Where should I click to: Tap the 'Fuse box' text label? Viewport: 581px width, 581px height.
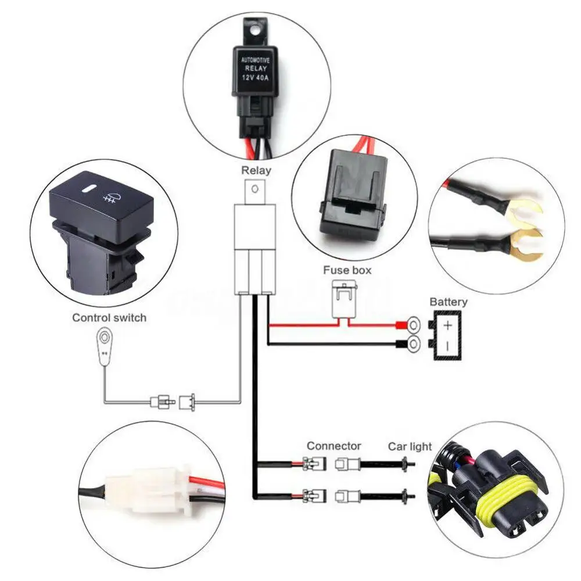click(347, 270)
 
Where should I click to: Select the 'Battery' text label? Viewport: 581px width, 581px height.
click(448, 302)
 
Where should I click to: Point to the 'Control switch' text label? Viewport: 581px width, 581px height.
click(109, 318)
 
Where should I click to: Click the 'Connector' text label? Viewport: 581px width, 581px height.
click(334, 446)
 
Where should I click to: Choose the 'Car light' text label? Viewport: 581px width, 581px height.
click(410, 446)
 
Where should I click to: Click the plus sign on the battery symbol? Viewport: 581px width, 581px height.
click(447, 325)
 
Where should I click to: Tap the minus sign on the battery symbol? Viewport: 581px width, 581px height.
click(447, 345)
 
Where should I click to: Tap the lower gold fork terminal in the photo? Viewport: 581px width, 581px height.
click(526, 244)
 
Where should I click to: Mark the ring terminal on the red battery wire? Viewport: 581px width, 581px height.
click(414, 324)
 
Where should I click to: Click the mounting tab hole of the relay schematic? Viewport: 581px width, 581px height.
click(253, 188)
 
